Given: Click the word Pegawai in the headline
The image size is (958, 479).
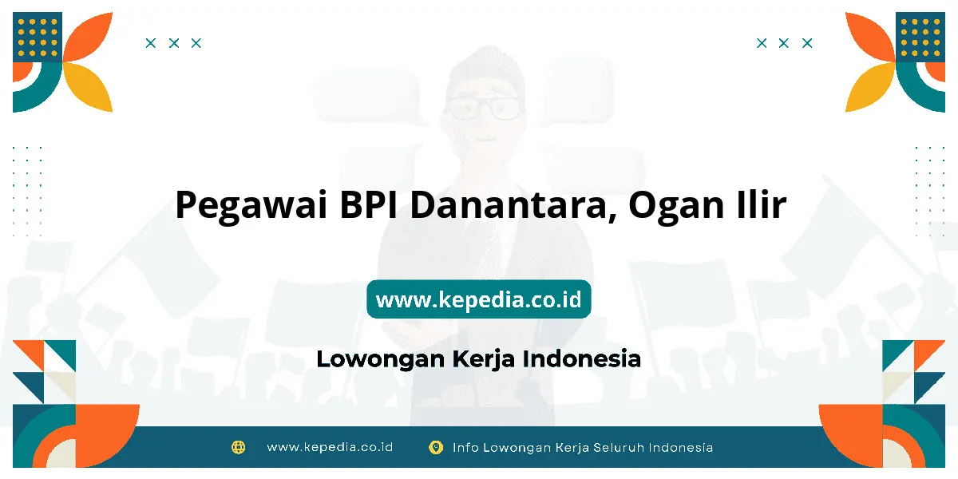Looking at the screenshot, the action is (251, 206).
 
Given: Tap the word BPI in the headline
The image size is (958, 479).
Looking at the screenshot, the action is (368, 204).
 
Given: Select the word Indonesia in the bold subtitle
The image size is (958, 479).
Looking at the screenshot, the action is (582, 358).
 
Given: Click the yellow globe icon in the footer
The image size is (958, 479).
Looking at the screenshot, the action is (238, 447).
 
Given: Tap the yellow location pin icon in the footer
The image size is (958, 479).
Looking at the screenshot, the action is (436, 447).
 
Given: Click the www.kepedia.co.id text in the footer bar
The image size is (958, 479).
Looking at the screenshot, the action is (330, 447).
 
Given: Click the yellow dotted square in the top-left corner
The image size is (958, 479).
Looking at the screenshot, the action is (38, 38).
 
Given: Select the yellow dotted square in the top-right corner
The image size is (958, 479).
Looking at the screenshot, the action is (920, 38).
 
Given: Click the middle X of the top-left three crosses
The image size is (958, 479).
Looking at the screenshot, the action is (174, 43).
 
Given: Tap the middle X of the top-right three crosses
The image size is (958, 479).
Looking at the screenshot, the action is (783, 43).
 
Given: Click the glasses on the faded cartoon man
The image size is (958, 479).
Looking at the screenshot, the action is (485, 109).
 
